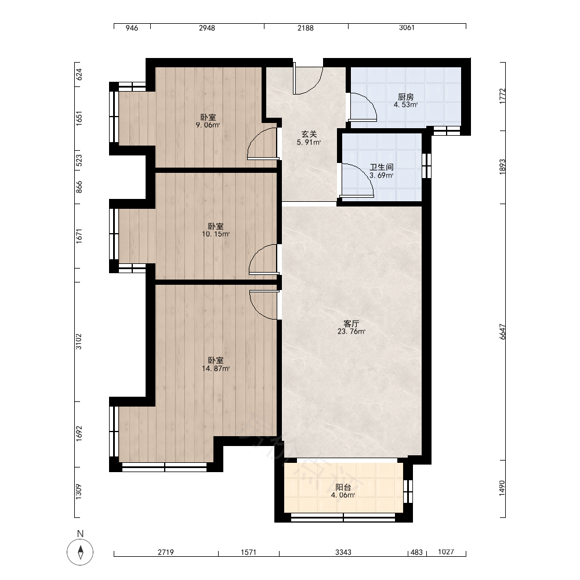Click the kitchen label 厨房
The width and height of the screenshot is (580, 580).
[405, 97]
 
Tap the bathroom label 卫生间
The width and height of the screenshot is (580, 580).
[382, 167]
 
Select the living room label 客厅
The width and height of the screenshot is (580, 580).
[351, 324]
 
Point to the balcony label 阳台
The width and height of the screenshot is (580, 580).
[343, 487]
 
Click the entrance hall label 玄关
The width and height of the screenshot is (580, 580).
[309, 135]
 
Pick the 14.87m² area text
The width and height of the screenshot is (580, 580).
[216, 368]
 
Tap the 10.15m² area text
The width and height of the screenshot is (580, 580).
[216, 234]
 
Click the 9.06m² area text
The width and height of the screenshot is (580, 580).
[208, 125]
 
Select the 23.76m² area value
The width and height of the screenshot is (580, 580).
[351, 331]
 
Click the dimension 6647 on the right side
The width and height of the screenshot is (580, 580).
[502, 332]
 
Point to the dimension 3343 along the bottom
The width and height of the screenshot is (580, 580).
[343, 552]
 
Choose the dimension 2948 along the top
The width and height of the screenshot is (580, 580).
[207, 28]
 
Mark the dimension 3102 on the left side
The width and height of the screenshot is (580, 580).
[78, 342]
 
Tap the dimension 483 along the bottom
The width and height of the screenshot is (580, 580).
[416, 552]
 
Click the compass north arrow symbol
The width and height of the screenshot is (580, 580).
[80, 552]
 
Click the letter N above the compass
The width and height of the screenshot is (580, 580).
[80, 534]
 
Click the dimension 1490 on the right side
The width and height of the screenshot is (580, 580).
[502, 488]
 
